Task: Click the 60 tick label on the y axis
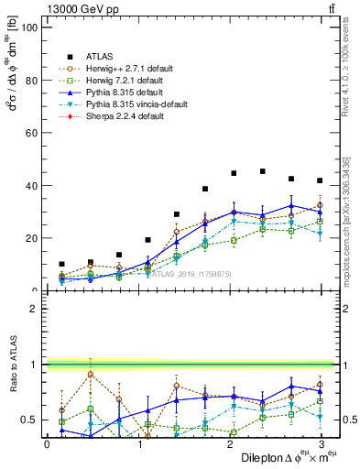pos(30,133)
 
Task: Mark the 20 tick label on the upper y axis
pos(30,238)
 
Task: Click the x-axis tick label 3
pos(320,443)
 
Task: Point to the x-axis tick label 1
pos(138,443)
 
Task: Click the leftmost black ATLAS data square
pos(61,264)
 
